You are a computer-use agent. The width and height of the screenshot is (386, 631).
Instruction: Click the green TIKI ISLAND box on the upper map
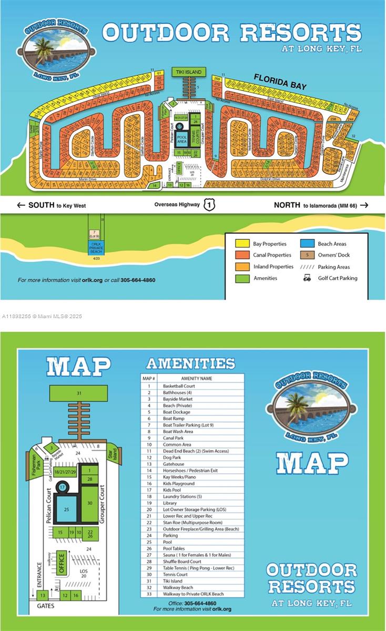tap(188, 72)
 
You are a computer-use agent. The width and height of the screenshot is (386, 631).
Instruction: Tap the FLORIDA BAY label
tap(280, 82)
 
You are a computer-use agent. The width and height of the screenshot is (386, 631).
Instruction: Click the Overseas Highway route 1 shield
tap(209, 205)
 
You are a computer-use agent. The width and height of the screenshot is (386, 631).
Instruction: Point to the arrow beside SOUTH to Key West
tap(21, 205)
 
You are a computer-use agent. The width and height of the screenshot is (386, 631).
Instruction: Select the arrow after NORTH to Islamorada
tap(364, 205)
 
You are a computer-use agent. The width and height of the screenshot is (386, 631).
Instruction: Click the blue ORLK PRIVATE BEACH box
tap(96, 247)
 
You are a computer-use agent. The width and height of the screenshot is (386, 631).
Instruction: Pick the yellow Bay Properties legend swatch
tap(242, 244)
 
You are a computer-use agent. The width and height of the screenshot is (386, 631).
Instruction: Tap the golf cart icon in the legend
tap(307, 278)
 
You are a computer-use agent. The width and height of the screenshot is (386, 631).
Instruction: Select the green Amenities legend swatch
tap(242, 278)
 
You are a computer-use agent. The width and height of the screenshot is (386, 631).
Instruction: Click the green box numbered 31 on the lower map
tap(79, 393)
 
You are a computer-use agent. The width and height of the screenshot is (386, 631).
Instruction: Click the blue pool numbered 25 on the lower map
tap(66, 510)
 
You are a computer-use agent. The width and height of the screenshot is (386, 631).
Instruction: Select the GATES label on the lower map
tap(45, 606)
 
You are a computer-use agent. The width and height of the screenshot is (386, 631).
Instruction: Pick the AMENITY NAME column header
tap(197, 379)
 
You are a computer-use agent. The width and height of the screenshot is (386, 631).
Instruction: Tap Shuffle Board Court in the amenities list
tap(182, 562)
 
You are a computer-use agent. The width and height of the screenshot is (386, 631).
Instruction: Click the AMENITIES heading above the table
tap(190, 363)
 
